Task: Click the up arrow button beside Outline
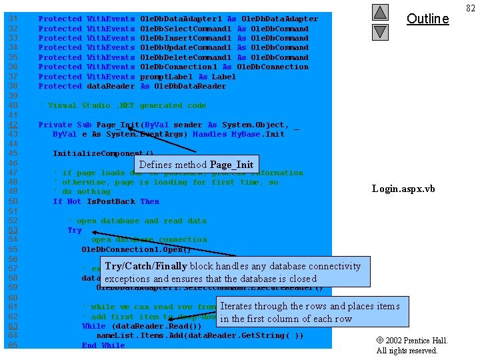pyautogui.click(x=379, y=12)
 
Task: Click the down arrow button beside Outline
pyautogui.click(x=379, y=31)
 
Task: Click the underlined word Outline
pyautogui.click(x=427, y=19)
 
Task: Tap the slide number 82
pyautogui.click(x=471, y=7)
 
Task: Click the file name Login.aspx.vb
pyautogui.click(x=403, y=189)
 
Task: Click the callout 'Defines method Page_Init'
pyautogui.click(x=195, y=165)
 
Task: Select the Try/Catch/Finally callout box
pyautogui.click(x=233, y=272)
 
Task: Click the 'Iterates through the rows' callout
pyautogui.click(x=310, y=312)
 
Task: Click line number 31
pyautogui.click(x=13, y=19)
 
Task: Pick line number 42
pyautogui.click(x=13, y=125)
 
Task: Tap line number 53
pyautogui.click(x=13, y=230)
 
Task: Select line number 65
pyautogui.click(x=13, y=345)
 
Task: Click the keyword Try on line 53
pyautogui.click(x=75, y=230)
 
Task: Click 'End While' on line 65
pyautogui.click(x=103, y=345)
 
